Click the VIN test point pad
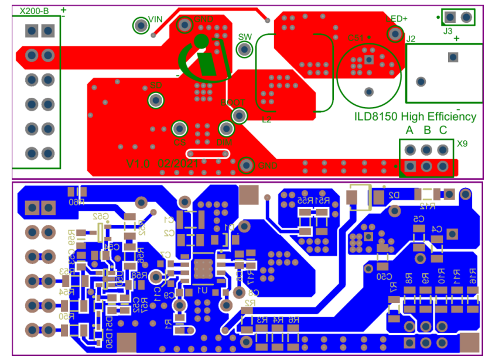click(x=141, y=25)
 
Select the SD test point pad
click(x=156, y=100)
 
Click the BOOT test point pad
click(x=239, y=115)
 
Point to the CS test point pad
click(x=179, y=128)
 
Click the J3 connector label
click(x=448, y=30)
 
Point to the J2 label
click(x=411, y=39)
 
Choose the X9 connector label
click(x=462, y=143)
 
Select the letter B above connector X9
click(x=427, y=130)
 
